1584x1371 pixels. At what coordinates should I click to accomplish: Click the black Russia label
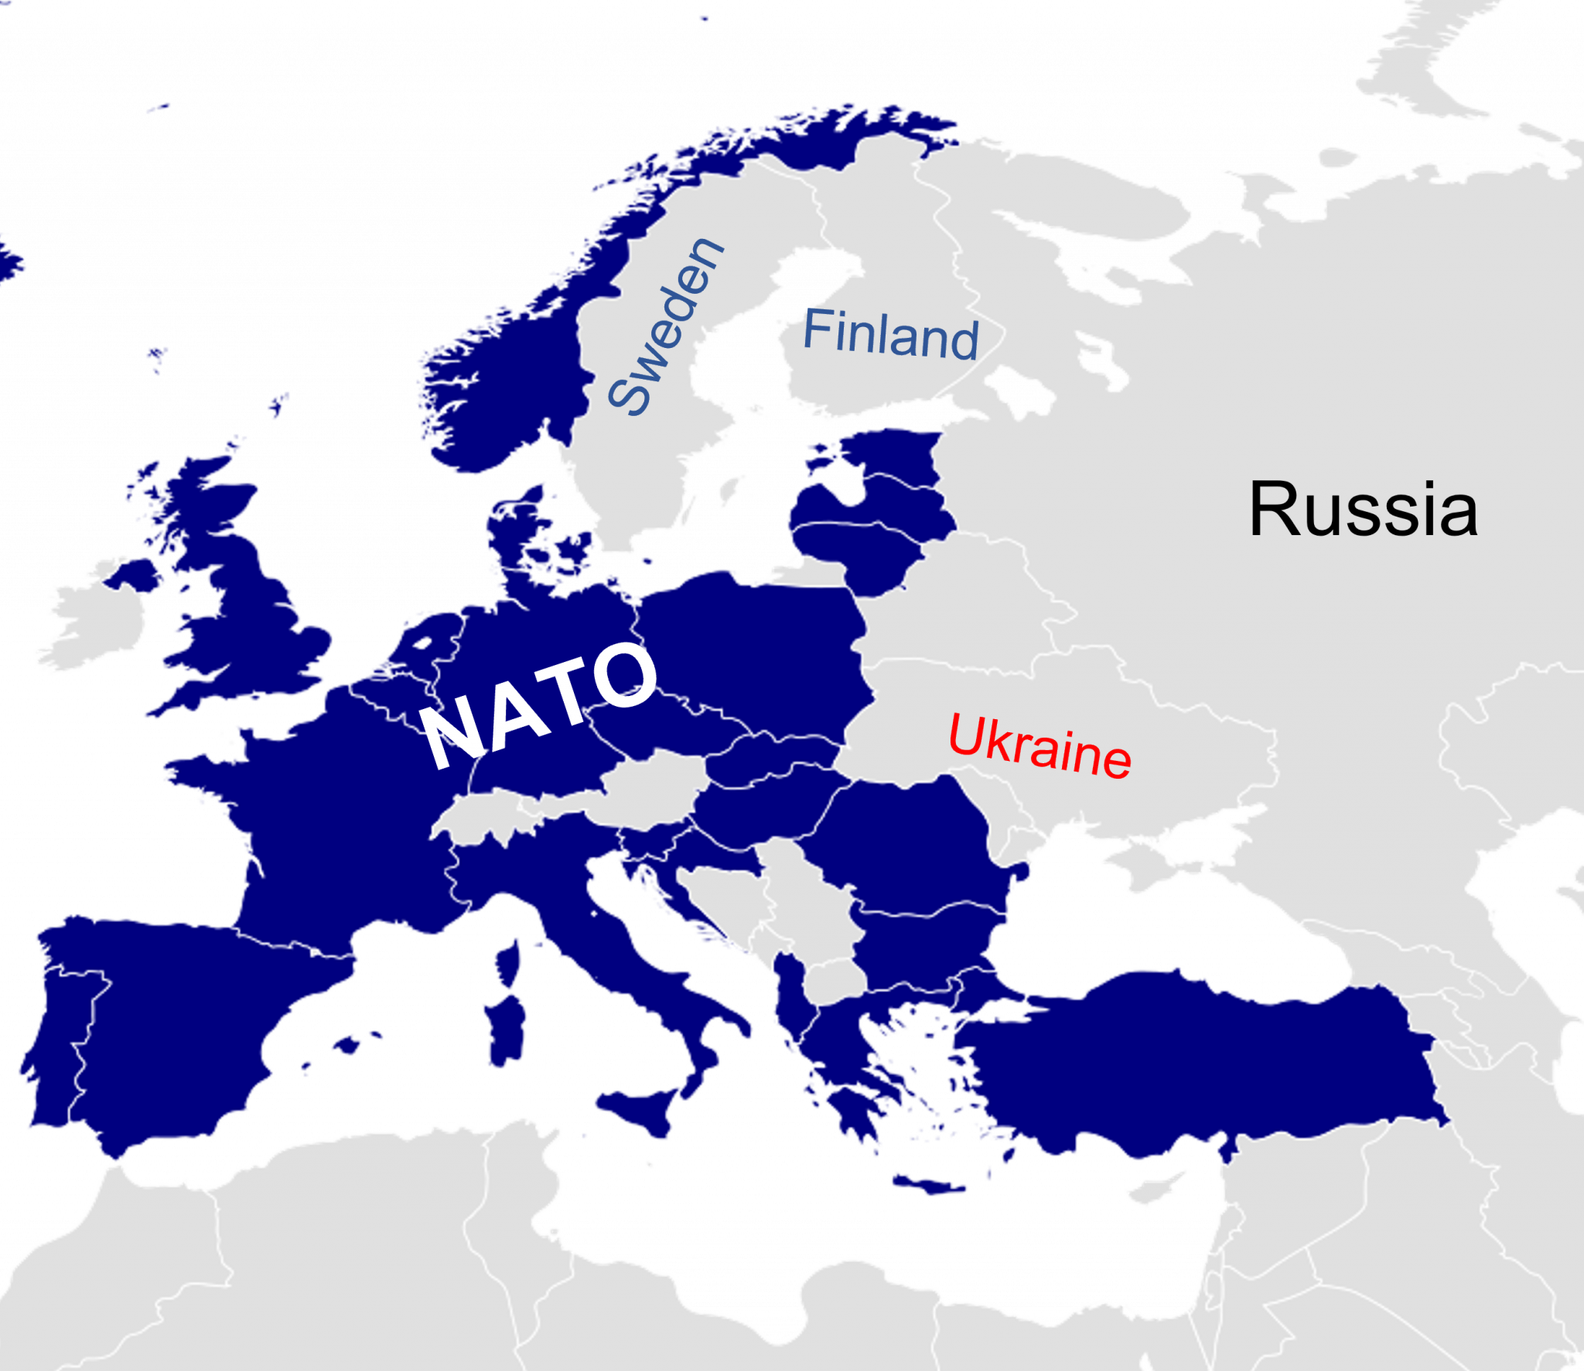[1363, 509]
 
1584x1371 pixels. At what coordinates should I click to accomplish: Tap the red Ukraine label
[1039, 745]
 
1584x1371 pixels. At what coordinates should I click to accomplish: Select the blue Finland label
[890, 334]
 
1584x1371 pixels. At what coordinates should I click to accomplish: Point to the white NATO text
[539, 704]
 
